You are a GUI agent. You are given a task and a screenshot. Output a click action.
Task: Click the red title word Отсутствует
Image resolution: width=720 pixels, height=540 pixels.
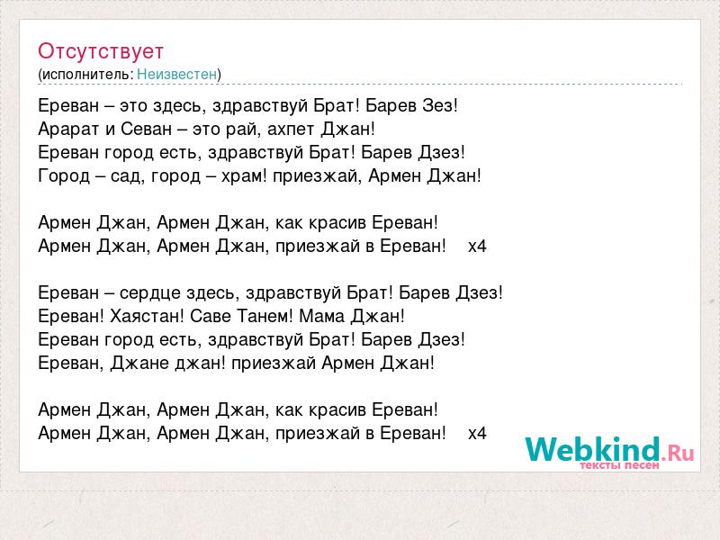[x=101, y=51]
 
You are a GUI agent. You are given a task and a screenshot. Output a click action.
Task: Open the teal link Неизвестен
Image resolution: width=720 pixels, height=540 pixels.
[x=176, y=74]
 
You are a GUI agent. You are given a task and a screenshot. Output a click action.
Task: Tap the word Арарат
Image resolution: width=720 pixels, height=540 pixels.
[x=69, y=130]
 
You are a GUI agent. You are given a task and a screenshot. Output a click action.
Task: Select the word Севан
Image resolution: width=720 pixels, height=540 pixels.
[x=146, y=129]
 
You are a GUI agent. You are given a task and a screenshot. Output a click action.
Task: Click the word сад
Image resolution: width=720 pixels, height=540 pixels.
[x=125, y=175]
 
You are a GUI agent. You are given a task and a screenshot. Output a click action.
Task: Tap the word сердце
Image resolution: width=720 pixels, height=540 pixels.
[x=150, y=293]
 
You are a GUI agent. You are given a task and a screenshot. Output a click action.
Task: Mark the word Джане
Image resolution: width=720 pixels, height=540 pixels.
[x=132, y=364]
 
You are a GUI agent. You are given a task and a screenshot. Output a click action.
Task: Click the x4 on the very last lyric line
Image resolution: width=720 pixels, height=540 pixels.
[x=477, y=433]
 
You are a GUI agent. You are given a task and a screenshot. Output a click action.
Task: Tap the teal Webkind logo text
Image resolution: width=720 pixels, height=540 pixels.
[x=593, y=449]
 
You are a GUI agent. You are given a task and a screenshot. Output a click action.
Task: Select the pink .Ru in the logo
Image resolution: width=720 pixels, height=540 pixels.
[x=678, y=454]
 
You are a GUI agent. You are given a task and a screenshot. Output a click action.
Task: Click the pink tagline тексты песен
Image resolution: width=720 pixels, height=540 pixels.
[x=619, y=465]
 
